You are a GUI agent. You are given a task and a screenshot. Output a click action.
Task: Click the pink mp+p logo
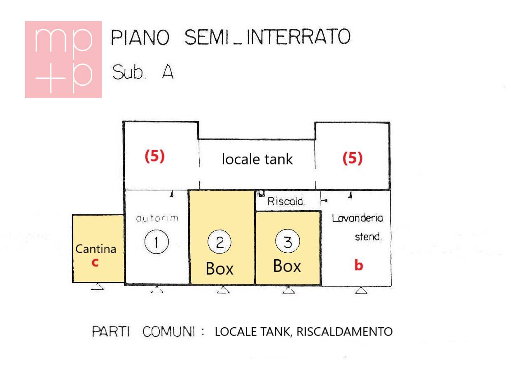[63, 59]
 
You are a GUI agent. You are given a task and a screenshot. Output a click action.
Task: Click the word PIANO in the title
[140, 37]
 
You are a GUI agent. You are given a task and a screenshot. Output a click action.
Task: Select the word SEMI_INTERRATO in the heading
[267, 37]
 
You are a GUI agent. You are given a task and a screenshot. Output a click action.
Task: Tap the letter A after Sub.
[168, 72]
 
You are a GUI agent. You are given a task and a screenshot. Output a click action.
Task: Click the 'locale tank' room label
[257, 159]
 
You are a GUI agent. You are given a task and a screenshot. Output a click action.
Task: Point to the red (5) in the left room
[155, 156]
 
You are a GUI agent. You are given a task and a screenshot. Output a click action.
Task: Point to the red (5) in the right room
[353, 158]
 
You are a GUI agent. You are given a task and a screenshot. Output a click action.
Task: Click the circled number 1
[157, 242]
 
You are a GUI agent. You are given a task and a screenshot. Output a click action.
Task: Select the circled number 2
[220, 242]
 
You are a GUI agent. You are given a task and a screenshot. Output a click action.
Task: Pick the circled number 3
[287, 241]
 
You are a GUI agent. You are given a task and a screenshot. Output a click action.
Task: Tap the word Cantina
[96, 249]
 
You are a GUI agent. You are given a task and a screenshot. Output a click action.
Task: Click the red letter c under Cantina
[95, 263]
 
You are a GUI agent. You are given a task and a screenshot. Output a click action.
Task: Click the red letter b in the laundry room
[359, 265]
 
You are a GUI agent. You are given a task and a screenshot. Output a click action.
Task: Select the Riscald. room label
[286, 201]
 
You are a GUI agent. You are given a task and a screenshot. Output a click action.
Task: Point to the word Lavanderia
[357, 218]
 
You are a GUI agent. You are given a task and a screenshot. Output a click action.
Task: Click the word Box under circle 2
[220, 268]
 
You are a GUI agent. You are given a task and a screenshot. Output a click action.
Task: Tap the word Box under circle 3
[287, 266]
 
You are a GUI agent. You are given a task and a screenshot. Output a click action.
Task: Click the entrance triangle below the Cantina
[97, 286]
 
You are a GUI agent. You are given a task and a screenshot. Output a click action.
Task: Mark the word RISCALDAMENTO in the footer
[344, 331]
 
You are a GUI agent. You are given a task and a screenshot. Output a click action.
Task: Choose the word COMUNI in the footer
[169, 331]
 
